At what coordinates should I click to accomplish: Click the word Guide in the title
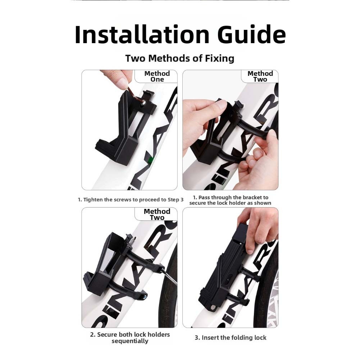tap(251, 35)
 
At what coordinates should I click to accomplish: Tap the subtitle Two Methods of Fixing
tap(180, 58)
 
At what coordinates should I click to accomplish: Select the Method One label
tap(157, 77)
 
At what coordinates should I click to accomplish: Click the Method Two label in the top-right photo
tap(260, 77)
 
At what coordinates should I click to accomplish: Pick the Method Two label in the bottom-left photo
tap(157, 214)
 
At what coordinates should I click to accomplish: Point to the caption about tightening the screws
tap(131, 200)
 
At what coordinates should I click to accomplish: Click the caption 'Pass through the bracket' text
tap(230, 200)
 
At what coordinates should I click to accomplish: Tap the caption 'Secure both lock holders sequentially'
tap(130, 338)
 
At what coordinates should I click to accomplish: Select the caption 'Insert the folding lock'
tap(231, 338)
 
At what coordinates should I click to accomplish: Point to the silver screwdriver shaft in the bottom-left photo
tap(169, 277)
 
